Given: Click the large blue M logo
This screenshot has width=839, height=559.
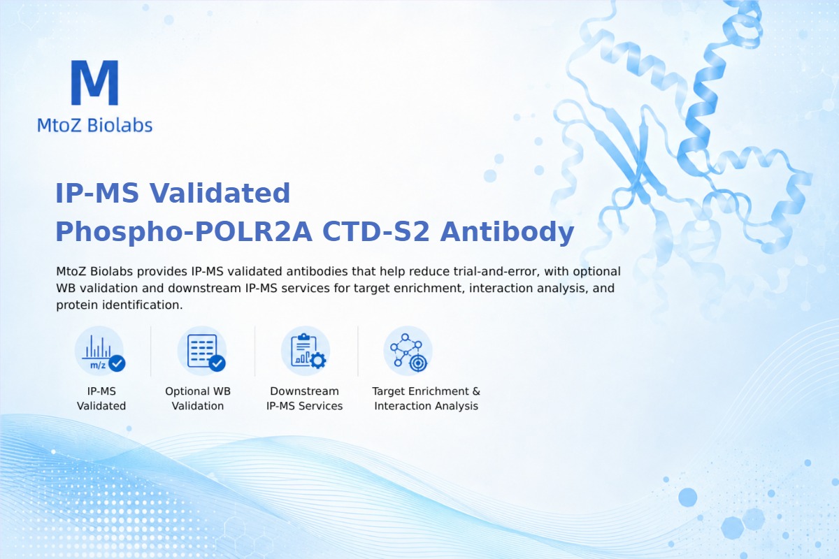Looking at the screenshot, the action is (x=95, y=82).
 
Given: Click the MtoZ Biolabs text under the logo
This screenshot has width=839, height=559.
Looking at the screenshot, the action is (x=95, y=125).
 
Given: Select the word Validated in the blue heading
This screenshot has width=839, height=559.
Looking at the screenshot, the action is (x=220, y=193).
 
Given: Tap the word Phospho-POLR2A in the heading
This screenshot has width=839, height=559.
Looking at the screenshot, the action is (x=184, y=232).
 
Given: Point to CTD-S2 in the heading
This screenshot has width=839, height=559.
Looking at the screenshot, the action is (x=375, y=232).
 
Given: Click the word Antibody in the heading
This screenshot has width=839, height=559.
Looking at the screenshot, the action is (x=507, y=232).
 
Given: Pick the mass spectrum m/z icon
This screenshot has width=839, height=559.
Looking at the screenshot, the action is (x=99, y=351).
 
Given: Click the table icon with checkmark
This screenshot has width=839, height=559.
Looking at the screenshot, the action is (x=202, y=351).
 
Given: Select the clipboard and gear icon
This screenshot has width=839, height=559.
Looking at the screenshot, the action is (x=306, y=351).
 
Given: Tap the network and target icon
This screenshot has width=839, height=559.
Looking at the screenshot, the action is (x=408, y=351).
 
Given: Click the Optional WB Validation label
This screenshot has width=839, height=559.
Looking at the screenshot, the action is (x=198, y=398).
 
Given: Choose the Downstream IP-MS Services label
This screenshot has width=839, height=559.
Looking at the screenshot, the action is (x=305, y=398).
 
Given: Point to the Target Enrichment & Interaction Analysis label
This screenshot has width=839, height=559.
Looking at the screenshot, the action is (x=426, y=398).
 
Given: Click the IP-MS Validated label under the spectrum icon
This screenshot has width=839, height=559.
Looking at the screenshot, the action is (x=101, y=398).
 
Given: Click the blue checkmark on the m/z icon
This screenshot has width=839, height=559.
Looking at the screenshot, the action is (x=117, y=363).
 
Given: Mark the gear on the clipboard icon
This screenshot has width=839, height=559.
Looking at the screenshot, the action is (x=318, y=361).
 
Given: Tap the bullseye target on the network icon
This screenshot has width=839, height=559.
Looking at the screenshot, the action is (x=418, y=363).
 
